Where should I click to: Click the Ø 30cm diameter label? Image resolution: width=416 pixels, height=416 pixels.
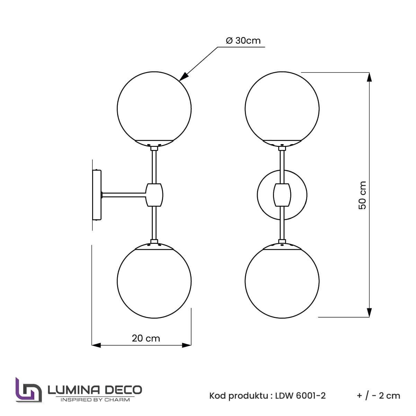243,41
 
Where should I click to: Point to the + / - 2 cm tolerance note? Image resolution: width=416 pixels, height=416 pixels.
378,396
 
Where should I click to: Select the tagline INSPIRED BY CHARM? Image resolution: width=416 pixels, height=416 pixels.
95,400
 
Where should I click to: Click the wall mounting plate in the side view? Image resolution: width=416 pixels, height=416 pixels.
97,195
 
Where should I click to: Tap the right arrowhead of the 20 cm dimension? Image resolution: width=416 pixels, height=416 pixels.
187,345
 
